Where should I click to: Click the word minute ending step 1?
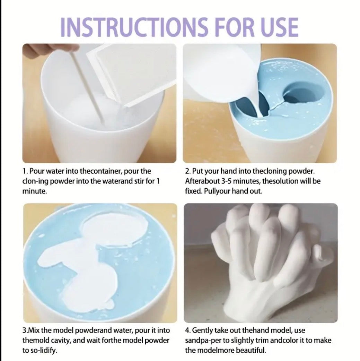(34, 191)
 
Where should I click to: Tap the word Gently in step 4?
(202, 330)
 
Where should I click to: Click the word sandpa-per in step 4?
(202, 341)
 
